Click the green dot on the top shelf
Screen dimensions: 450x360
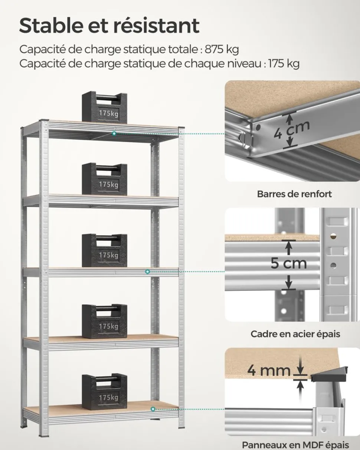click(x=115, y=133)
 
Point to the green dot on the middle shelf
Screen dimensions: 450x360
click(x=148, y=272)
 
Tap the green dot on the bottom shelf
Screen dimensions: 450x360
click(x=153, y=409)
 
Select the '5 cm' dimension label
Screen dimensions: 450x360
click(x=288, y=263)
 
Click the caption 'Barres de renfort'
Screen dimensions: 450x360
click(x=294, y=194)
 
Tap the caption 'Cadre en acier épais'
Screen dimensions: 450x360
click(x=295, y=334)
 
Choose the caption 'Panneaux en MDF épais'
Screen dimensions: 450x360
click(x=295, y=444)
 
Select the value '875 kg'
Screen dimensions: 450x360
click(x=222, y=49)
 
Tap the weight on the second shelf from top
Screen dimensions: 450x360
click(x=104, y=179)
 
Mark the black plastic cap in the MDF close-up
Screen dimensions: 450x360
click(x=330, y=375)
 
